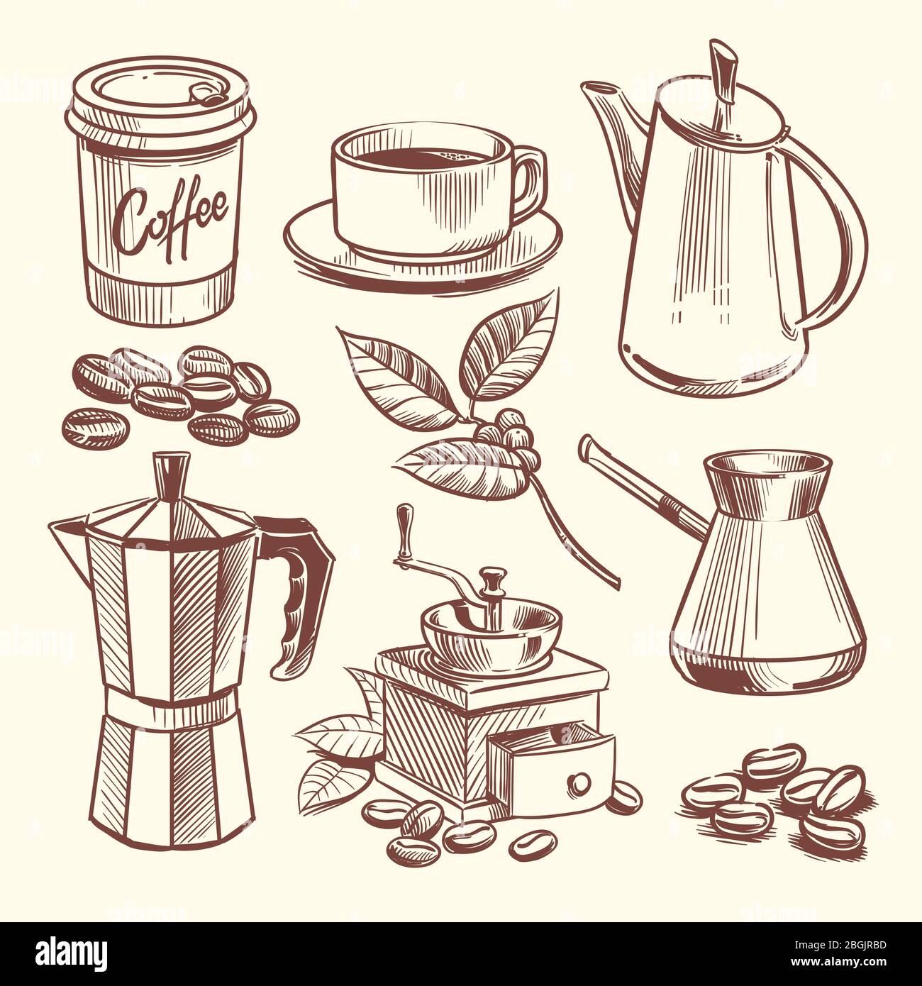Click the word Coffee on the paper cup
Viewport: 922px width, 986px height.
174,206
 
